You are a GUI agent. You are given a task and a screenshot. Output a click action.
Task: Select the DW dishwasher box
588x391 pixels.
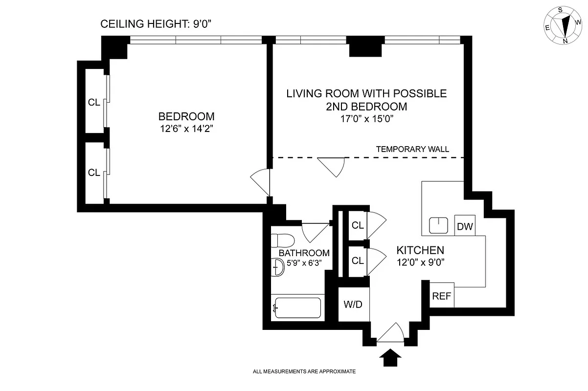465,226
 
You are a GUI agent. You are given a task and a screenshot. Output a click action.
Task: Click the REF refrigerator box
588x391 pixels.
442,295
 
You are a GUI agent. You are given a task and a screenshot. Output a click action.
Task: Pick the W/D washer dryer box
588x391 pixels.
353,304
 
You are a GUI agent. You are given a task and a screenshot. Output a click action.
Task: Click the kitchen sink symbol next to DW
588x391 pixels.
439,225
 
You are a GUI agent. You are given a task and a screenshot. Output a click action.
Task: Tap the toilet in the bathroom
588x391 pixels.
282,241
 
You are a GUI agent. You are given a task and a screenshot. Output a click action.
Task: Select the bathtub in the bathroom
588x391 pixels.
297,308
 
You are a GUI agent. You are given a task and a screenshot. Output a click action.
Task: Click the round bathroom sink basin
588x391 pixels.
277,267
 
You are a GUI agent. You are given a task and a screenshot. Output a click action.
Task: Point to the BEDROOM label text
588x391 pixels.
186,117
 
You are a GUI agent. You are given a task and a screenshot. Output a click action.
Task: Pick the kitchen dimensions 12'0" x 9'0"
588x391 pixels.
420,261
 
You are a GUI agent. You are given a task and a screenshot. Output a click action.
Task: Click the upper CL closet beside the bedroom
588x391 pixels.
94,103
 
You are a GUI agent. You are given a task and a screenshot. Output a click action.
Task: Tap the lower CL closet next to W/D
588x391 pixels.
358,261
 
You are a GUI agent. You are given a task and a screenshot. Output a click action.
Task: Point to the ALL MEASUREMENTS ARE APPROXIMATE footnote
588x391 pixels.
304,371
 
